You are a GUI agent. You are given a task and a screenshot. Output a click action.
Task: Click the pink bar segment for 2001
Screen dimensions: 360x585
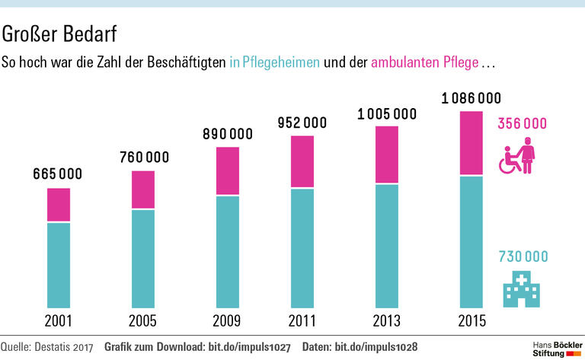tap(59, 205)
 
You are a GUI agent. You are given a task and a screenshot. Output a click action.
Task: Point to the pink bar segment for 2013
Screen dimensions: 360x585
tap(387, 155)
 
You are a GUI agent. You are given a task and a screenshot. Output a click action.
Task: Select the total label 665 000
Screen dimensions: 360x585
tap(58, 174)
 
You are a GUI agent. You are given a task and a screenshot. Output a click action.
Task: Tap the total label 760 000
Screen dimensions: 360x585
tap(145, 158)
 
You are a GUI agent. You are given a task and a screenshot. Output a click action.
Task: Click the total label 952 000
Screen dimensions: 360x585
tap(302, 123)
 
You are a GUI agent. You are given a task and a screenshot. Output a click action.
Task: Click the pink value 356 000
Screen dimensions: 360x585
tap(523, 123)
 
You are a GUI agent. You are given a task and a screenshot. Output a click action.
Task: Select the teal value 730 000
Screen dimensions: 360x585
tap(523, 256)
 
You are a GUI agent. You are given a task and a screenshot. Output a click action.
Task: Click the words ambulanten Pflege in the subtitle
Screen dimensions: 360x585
tap(425, 62)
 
